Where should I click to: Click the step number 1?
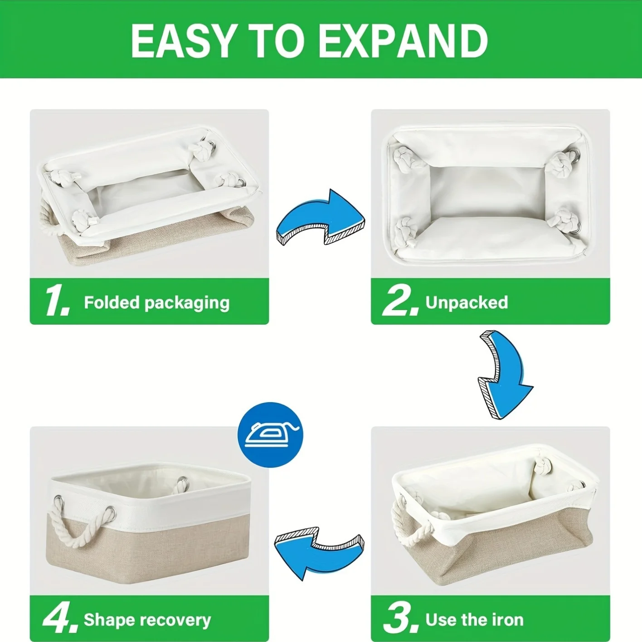pos(57,301)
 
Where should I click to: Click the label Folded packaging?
pos(156,302)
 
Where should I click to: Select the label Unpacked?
pos(467,302)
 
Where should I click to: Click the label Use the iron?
pos(474,619)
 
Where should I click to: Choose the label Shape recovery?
pos(147,619)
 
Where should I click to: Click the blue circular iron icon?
pos(270,435)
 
